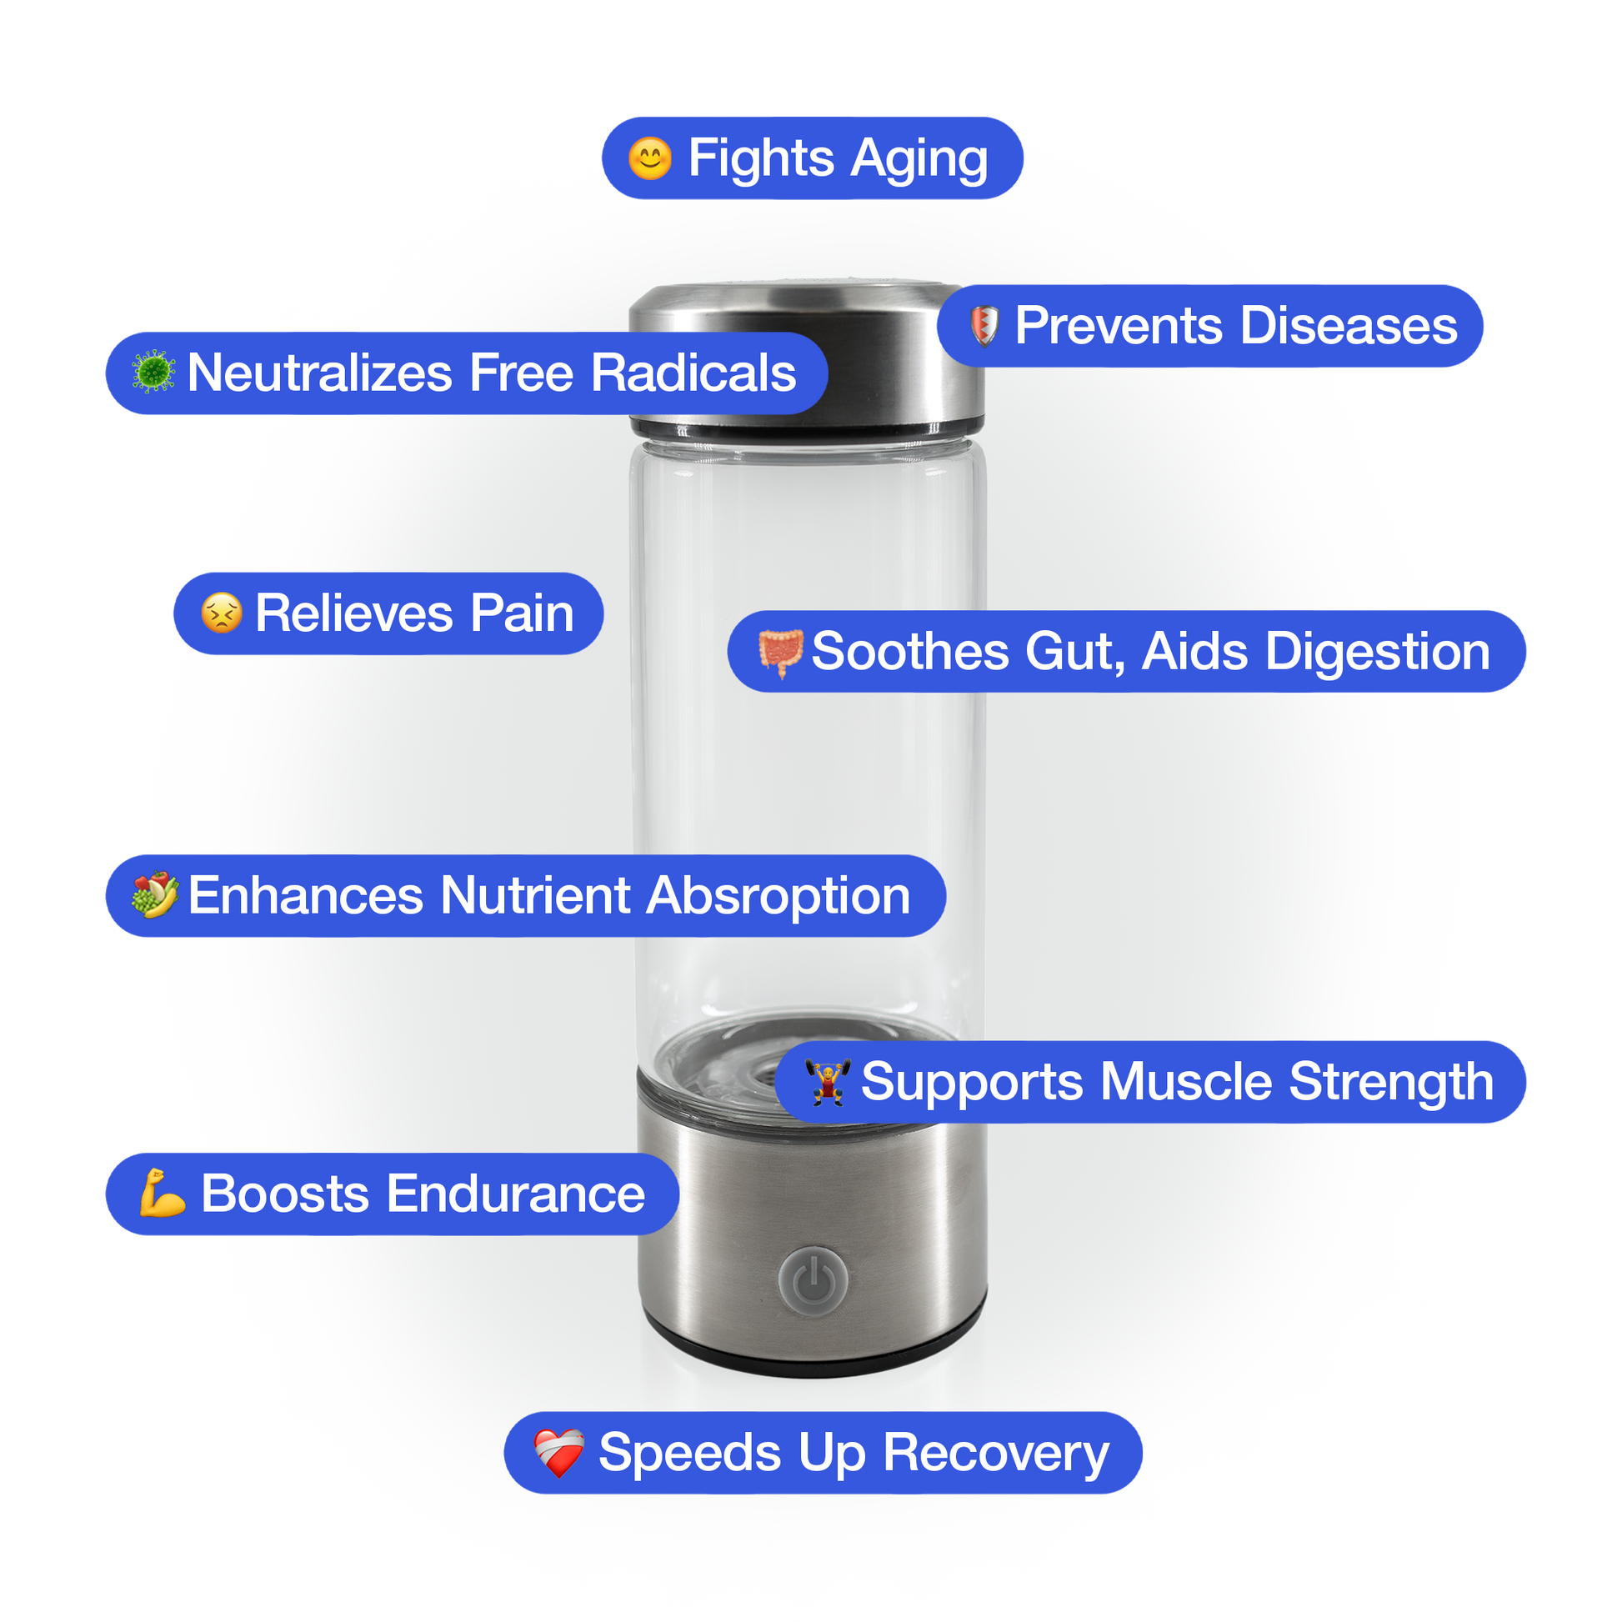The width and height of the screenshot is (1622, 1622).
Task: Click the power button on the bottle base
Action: click(x=813, y=1280)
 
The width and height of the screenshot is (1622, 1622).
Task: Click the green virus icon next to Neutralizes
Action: click(x=153, y=373)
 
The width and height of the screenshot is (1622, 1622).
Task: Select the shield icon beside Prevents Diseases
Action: click(x=984, y=326)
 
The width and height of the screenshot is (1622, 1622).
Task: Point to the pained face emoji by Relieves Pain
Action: click(x=222, y=613)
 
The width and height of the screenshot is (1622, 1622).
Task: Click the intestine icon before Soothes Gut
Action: click(x=781, y=653)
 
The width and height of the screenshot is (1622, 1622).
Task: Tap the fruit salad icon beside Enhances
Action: click(x=155, y=895)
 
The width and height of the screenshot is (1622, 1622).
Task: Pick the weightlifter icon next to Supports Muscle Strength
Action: click(x=828, y=1082)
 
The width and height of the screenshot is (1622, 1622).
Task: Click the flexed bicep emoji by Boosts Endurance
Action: click(x=162, y=1193)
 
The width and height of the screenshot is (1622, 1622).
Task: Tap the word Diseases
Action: click(x=1349, y=326)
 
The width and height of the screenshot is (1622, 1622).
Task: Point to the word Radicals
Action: click(x=693, y=373)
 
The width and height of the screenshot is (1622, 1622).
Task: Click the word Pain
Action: click(x=522, y=613)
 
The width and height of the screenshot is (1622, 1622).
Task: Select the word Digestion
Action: click(x=1377, y=653)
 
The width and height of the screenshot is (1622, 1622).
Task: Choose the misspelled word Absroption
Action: click(x=778, y=896)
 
